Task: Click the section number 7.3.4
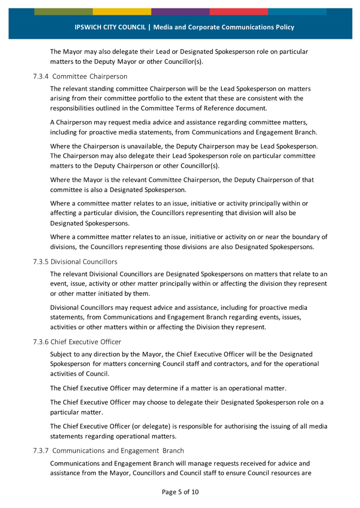pyautogui.click(x=41, y=77)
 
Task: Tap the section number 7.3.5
pyautogui.click(x=41, y=262)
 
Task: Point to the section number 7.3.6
pyautogui.click(x=41, y=342)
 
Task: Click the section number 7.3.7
pyautogui.click(x=41, y=450)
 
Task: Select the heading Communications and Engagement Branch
pyautogui.click(x=118, y=450)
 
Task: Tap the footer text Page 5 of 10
pyautogui.click(x=180, y=492)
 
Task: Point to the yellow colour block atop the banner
pyautogui.click(x=122, y=12)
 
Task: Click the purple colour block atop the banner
pyautogui.click(x=180, y=12)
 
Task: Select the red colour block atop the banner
pyautogui.click(x=238, y=12)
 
